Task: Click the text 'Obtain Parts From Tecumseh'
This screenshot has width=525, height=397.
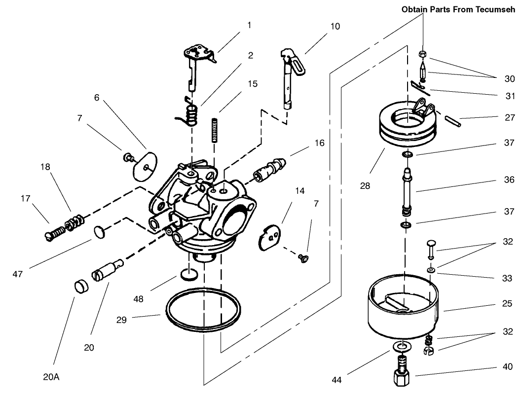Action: click(458, 9)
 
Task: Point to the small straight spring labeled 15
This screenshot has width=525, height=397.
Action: click(215, 130)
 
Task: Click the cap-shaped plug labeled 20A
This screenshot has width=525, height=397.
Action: click(80, 287)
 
